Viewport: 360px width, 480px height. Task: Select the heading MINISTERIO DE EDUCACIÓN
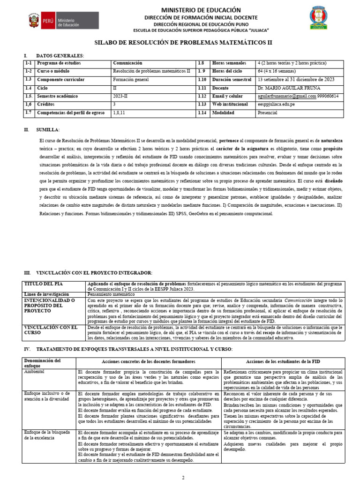[194, 10]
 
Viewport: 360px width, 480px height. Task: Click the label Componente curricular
[61, 80]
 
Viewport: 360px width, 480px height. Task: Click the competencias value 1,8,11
[120, 112]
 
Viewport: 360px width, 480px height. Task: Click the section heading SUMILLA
[49, 129]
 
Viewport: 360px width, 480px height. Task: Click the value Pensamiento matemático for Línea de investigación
[111, 294]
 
